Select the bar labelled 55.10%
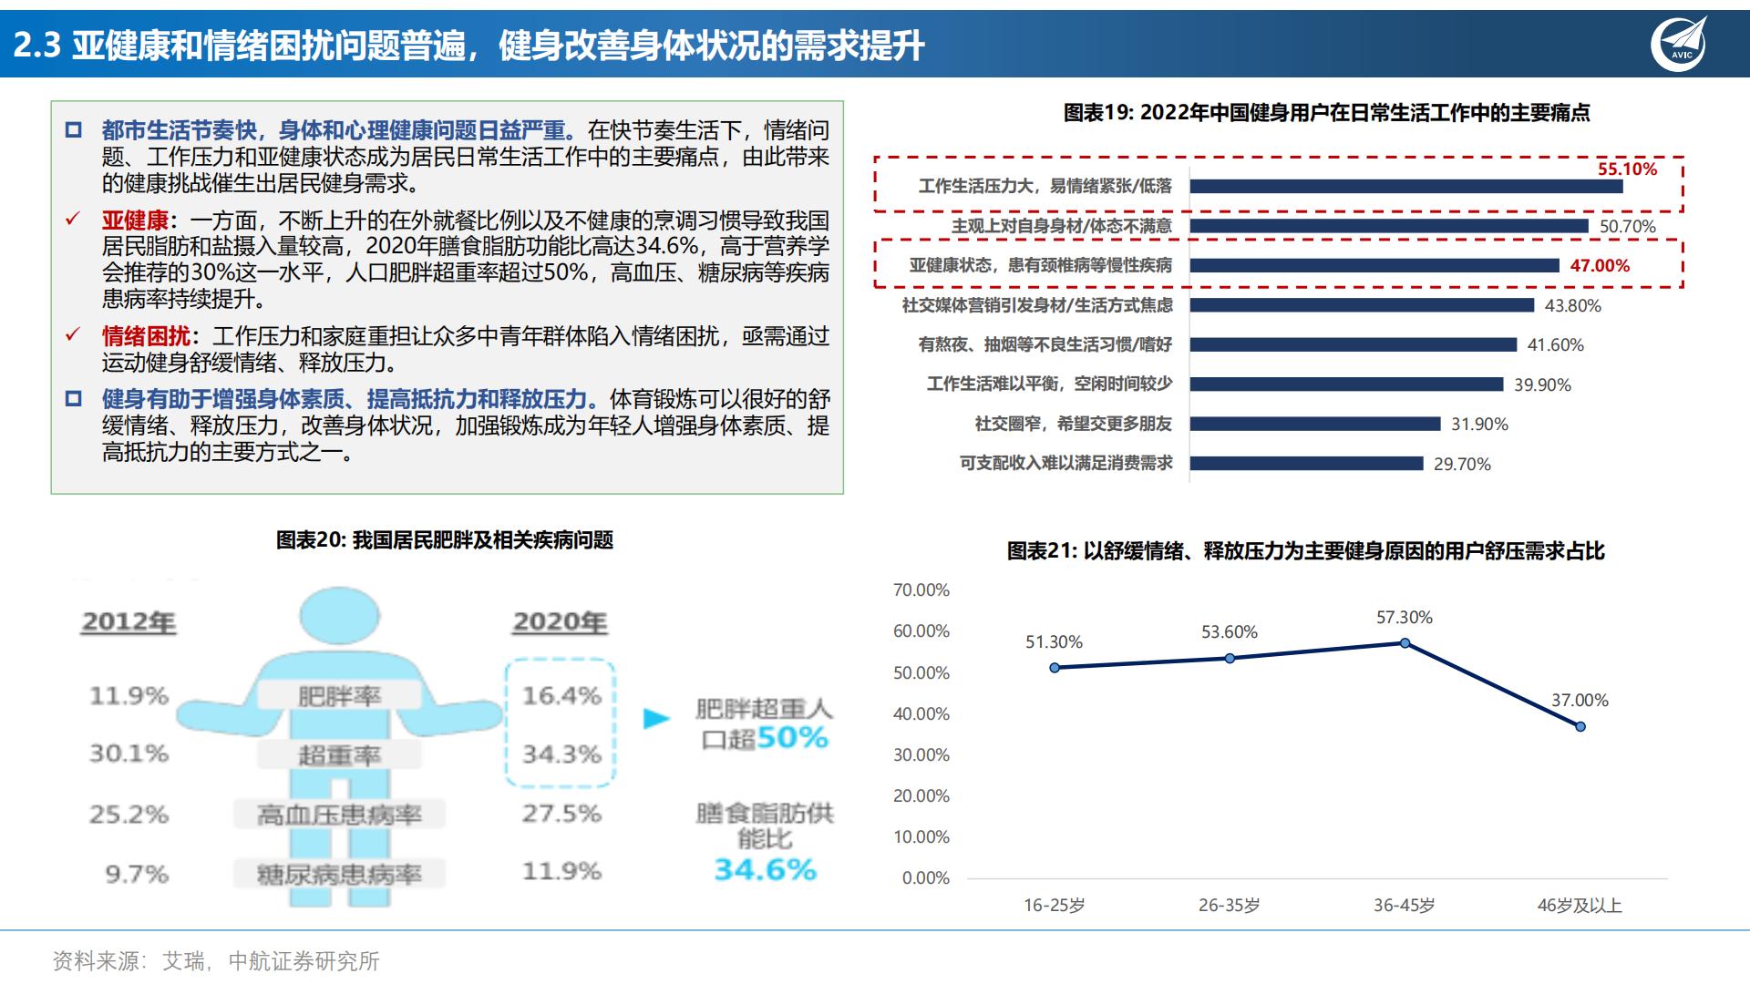click(1405, 187)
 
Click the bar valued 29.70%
click(1306, 464)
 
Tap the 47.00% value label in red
click(1600, 266)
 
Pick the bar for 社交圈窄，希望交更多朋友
click(1314, 424)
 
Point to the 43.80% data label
click(1572, 306)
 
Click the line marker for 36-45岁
click(1405, 643)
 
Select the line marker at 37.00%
click(1580, 727)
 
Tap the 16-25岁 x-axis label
click(1054, 906)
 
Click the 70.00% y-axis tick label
click(921, 590)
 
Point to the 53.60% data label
click(1229, 632)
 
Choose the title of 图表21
click(1305, 551)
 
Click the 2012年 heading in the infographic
click(129, 622)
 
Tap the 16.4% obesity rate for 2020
click(561, 696)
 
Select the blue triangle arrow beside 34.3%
click(656, 719)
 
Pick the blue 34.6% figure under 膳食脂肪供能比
click(765, 870)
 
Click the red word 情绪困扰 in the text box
click(146, 337)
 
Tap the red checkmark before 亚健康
click(73, 220)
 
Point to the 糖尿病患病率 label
click(339, 875)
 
